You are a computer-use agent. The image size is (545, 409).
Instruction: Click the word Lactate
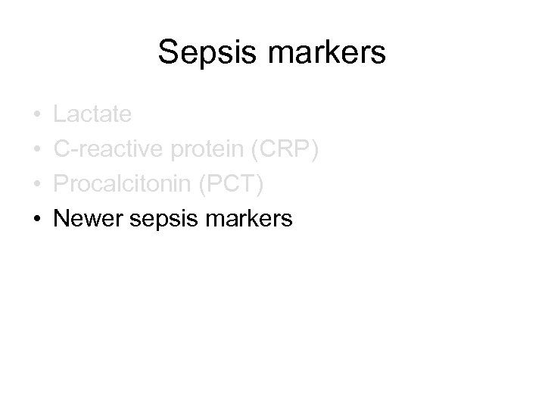[x=92, y=115]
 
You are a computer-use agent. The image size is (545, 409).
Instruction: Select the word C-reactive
[x=110, y=150]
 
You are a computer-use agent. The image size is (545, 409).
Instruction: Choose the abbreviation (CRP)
[x=285, y=150]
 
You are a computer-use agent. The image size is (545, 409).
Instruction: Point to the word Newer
[x=84, y=220]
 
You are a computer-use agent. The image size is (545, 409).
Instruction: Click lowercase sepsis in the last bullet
[x=155, y=220]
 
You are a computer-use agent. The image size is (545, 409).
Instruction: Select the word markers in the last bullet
[x=245, y=220]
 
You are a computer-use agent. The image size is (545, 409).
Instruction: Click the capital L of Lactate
[x=60, y=115]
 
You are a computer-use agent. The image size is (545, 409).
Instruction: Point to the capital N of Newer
[x=62, y=220]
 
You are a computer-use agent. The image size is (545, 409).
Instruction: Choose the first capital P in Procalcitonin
[x=61, y=185]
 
